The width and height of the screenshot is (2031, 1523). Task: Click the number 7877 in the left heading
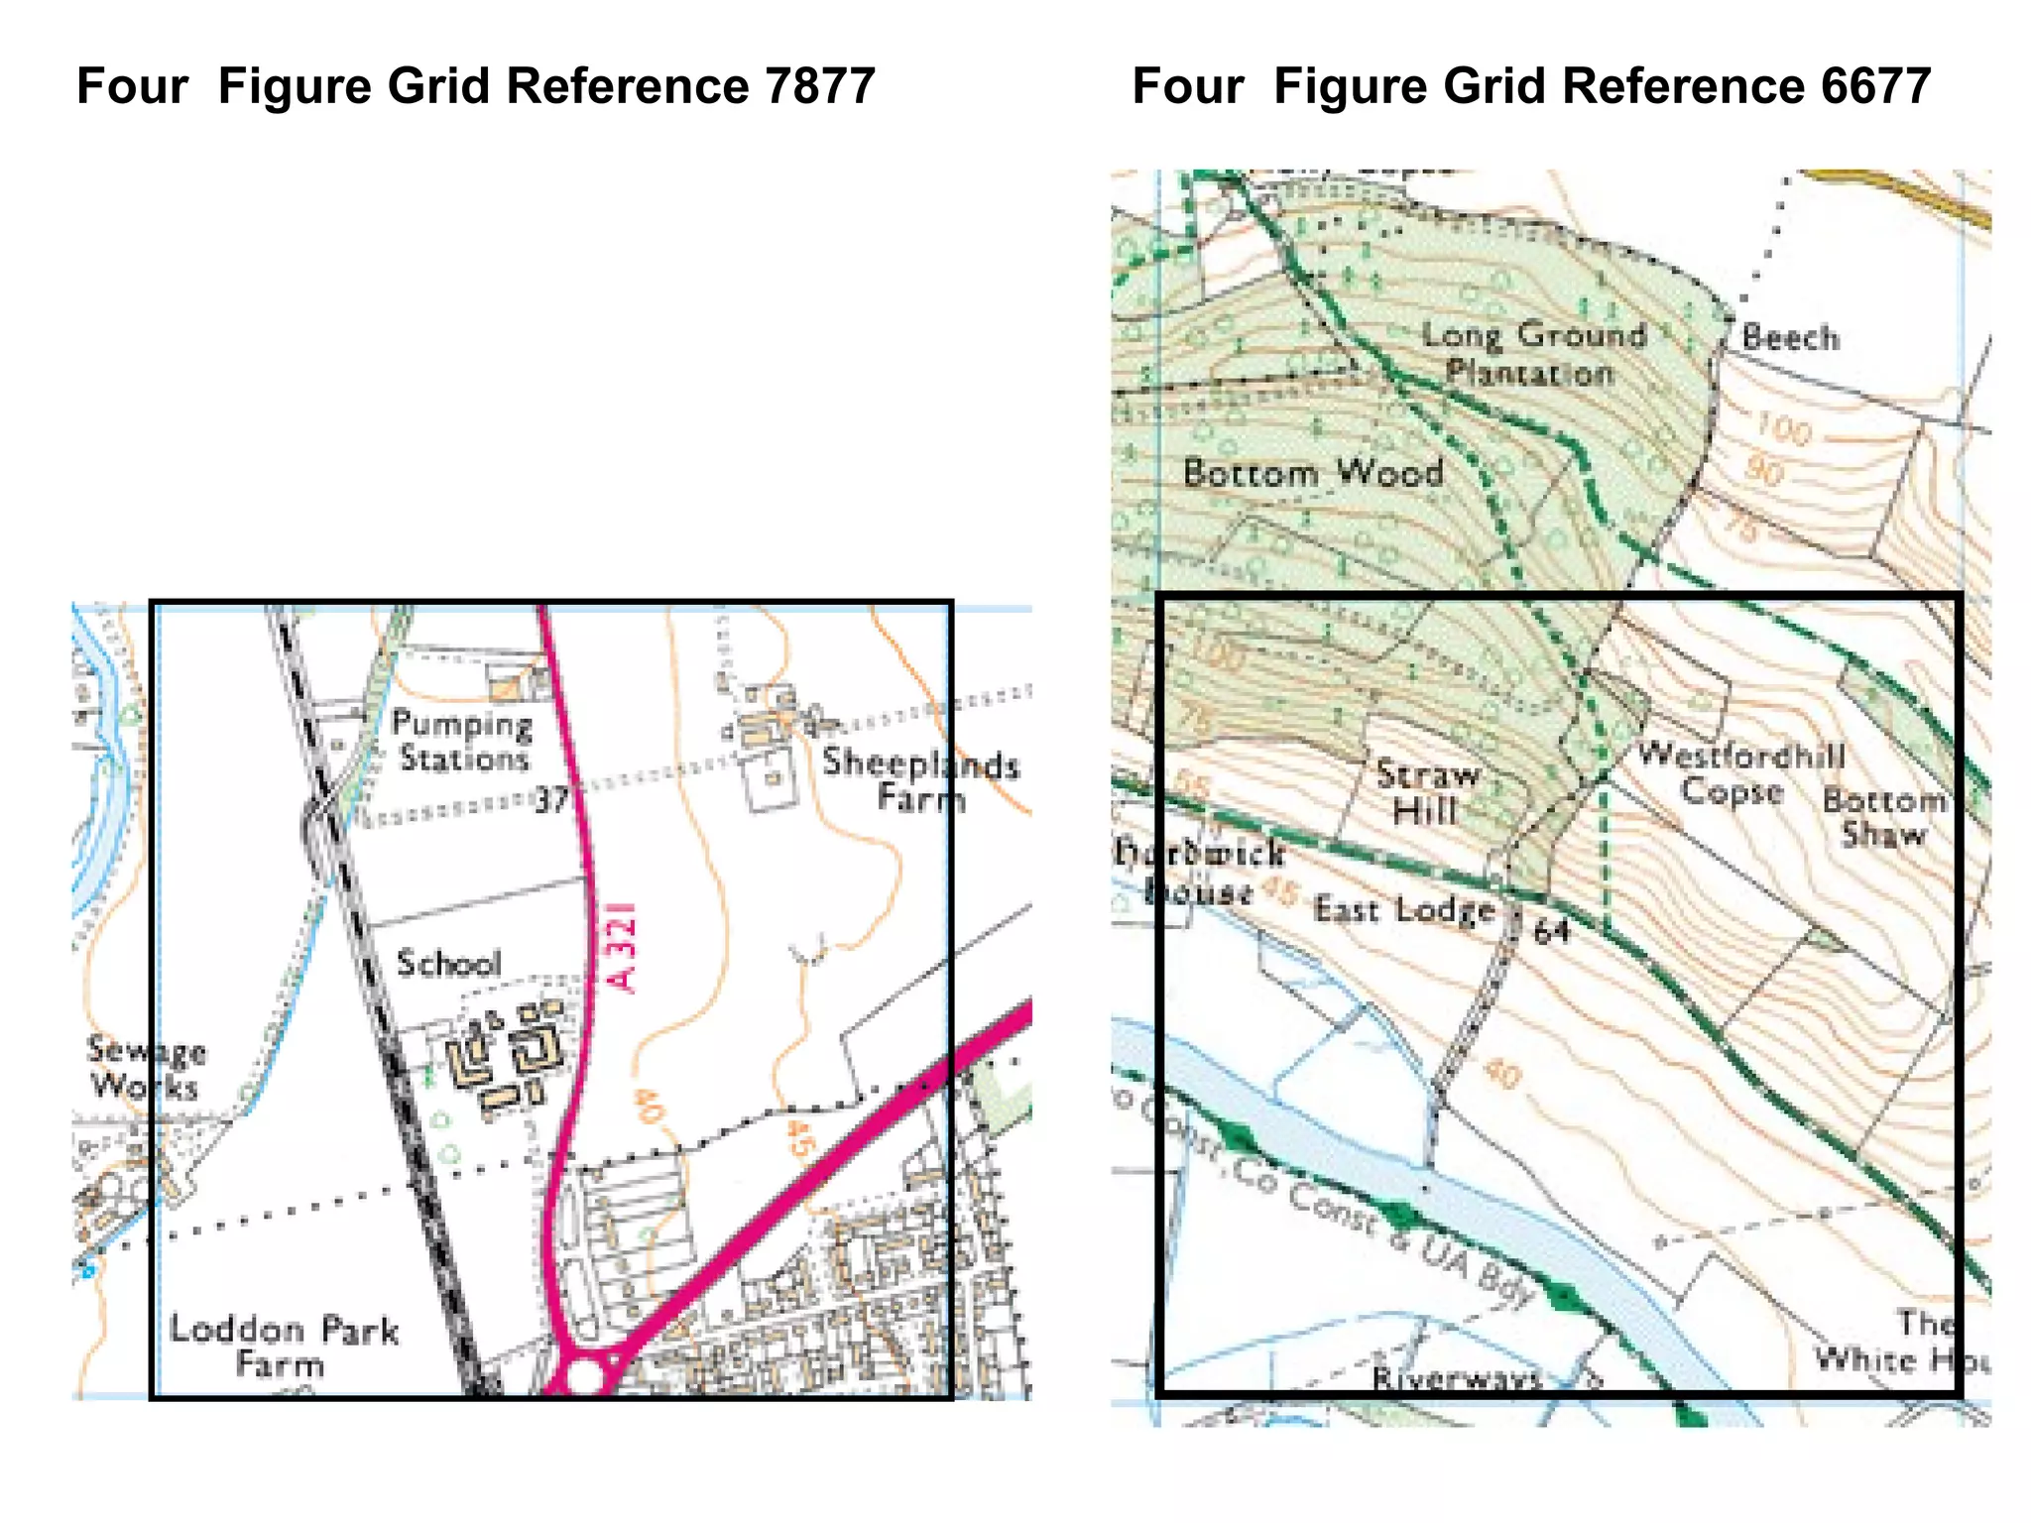pos(819,85)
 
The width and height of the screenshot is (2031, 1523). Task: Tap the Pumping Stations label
pos(462,741)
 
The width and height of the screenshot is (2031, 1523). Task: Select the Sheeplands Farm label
pos(920,779)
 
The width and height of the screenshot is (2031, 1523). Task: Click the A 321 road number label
pos(623,946)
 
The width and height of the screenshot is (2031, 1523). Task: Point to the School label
pos(448,963)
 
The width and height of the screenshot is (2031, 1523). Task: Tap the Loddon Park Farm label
pos(283,1346)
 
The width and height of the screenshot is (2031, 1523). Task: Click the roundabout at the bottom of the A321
pos(585,1377)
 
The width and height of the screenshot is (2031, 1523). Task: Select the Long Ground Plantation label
pos(1533,353)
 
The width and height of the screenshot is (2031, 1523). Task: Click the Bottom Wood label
pos(1313,472)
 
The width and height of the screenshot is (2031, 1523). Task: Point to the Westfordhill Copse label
pos(1739,772)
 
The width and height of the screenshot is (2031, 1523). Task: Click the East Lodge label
pos(1404,908)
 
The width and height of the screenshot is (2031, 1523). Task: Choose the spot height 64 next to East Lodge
pos(1551,930)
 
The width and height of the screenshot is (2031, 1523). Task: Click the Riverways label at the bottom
pos(1456,1377)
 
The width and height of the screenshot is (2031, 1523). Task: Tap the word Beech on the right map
pos(1790,337)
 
